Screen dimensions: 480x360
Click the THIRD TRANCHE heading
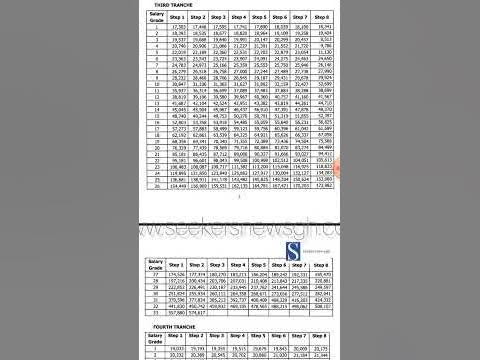[167, 6]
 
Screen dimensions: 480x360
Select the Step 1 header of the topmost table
[175, 18]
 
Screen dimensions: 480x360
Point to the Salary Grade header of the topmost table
[151, 18]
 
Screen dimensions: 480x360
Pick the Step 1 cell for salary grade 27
[175, 273]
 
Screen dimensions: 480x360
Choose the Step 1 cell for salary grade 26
[175, 185]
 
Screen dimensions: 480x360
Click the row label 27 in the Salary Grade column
[151, 273]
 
